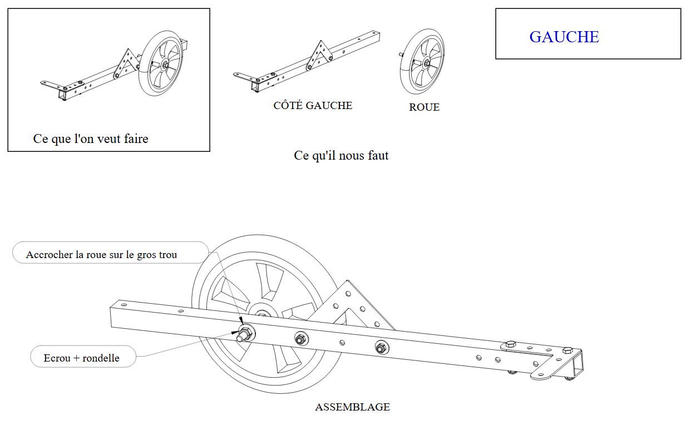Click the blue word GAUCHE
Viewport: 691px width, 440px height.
click(x=564, y=37)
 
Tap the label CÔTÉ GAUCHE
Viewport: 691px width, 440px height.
click(x=313, y=106)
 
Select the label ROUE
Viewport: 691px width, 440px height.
click(x=424, y=107)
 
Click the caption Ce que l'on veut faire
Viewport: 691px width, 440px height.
click(x=91, y=139)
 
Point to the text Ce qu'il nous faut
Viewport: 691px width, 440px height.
click(x=341, y=156)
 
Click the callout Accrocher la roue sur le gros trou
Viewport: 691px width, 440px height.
click(x=101, y=255)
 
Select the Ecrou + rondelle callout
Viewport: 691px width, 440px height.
click(x=81, y=358)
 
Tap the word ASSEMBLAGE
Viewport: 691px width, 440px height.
click(x=352, y=407)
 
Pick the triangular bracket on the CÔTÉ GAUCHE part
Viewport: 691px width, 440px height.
click(x=319, y=55)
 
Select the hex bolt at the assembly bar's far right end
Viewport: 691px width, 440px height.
click(x=567, y=350)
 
